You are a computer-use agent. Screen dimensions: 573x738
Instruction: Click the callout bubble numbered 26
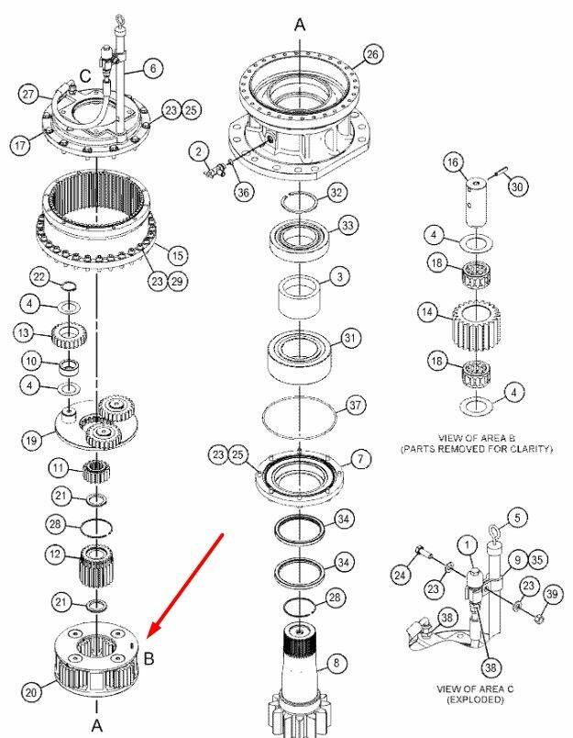coord(372,54)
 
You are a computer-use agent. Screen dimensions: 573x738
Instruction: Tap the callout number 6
coord(153,69)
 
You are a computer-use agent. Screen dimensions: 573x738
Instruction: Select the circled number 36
coord(244,192)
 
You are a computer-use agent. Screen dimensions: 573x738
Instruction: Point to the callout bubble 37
coord(356,405)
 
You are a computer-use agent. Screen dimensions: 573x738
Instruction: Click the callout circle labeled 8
coord(336,664)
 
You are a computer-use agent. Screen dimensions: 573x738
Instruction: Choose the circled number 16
coord(453,162)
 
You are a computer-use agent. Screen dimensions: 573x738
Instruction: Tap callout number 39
coord(552,594)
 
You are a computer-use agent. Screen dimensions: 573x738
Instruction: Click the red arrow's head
coord(154,632)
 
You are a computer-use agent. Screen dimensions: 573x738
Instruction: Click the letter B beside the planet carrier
coord(149,658)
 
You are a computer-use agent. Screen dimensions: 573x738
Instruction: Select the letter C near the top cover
coord(85,76)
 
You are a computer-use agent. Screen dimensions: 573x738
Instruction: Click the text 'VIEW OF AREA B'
coord(476,438)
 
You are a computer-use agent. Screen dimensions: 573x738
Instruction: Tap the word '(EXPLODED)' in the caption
coord(475,699)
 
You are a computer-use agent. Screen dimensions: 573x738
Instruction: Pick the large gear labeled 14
coord(476,326)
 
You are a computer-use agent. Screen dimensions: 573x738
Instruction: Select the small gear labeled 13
coord(69,335)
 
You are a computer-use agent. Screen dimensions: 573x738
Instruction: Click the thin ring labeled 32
coord(300,202)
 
